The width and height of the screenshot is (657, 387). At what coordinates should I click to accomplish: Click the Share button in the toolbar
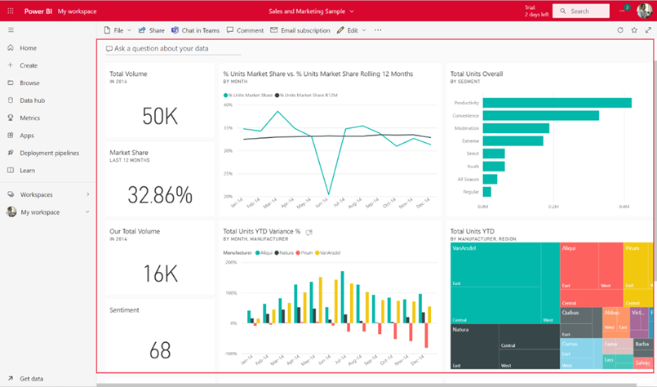pos(152,30)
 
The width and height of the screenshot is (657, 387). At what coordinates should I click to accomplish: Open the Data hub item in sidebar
pos(32,100)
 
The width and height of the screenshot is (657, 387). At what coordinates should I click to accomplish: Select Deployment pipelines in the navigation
pos(49,153)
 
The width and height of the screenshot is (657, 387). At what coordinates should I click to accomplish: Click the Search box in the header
pos(580,11)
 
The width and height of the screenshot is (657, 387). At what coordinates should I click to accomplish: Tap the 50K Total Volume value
pos(160,117)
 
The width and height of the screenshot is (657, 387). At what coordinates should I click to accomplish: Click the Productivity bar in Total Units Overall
pos(557,103)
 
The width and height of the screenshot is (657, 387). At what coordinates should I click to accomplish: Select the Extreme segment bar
pos(513,141)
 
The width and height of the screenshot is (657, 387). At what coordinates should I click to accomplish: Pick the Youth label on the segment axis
pos(472,167)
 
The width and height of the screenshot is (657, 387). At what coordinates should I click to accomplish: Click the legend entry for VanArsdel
pos(331,253)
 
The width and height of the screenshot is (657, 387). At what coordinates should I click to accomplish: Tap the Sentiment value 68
pos(160,349)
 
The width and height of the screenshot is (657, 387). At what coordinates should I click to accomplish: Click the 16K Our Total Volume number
pos(160,274)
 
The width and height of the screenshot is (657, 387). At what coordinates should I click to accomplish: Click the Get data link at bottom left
pos(31,379)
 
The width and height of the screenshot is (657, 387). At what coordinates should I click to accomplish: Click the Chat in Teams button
pos(196,30)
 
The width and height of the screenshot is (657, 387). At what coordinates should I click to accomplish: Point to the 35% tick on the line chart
pos(228,128)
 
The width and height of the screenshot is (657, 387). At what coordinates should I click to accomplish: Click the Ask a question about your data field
pos(163,49)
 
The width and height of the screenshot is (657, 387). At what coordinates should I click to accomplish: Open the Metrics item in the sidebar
pos(29,118)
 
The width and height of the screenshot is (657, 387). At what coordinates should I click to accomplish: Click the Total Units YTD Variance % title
pos(262,232)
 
